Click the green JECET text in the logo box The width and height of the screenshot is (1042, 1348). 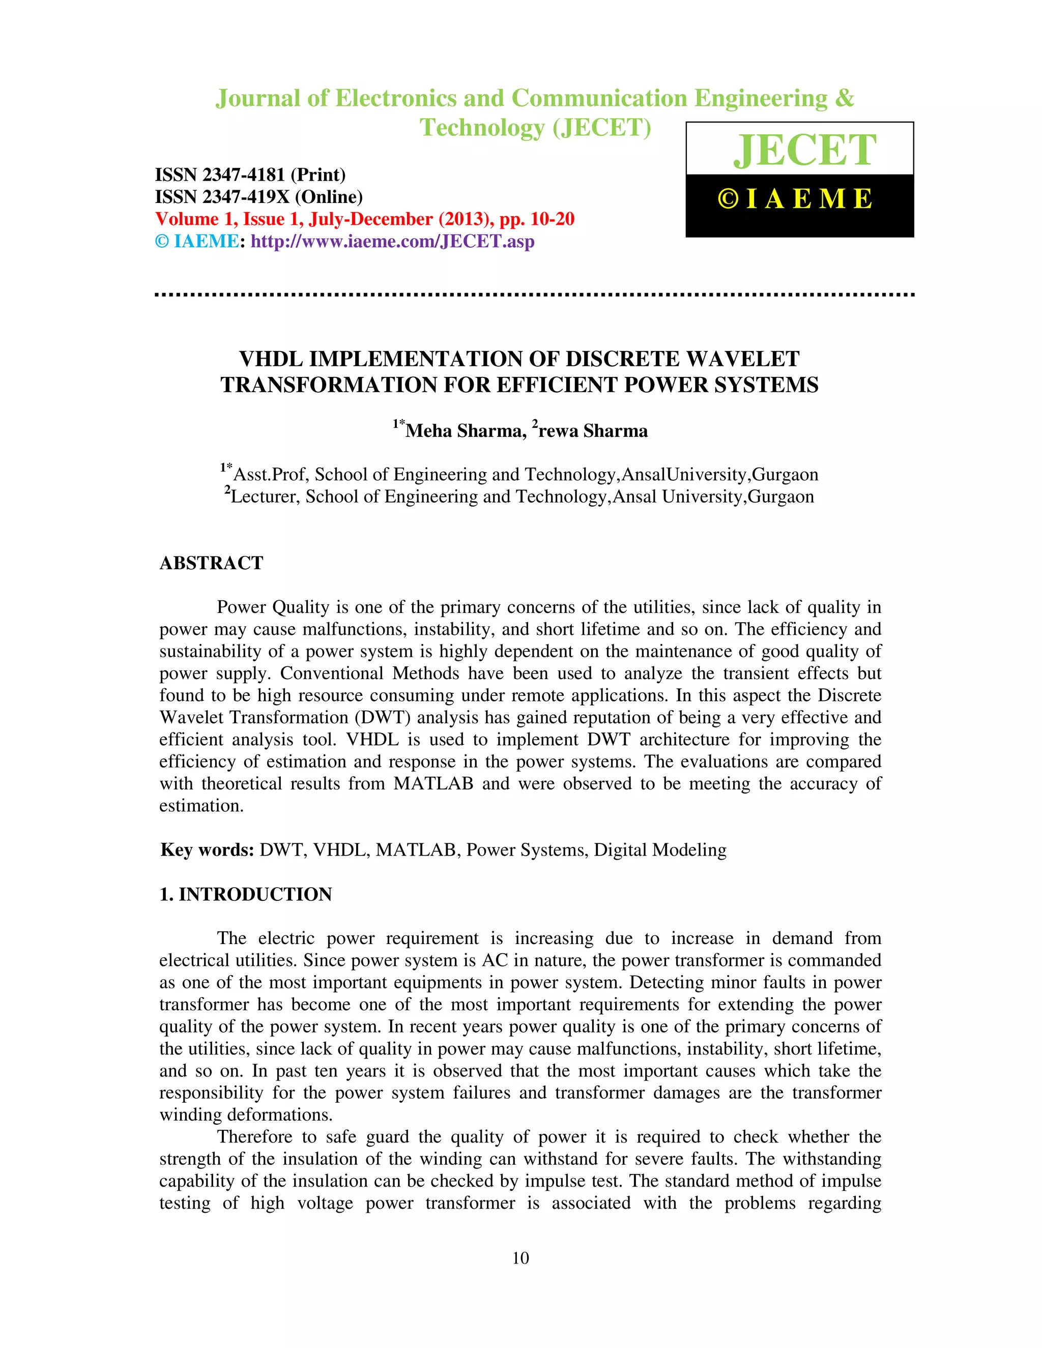[804, 150]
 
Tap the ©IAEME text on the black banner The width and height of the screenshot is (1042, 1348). [796, 199]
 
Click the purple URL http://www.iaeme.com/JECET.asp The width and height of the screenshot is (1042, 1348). [393, 241]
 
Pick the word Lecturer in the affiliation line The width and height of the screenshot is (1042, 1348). [265, 497]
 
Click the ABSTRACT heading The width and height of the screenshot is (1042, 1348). [211, 563]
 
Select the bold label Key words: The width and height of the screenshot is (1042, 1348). [208, 850]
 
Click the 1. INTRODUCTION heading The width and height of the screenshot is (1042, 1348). [246, 894]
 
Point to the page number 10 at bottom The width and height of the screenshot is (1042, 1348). [520, 1258]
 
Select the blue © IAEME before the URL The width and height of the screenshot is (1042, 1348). [197, 241]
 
